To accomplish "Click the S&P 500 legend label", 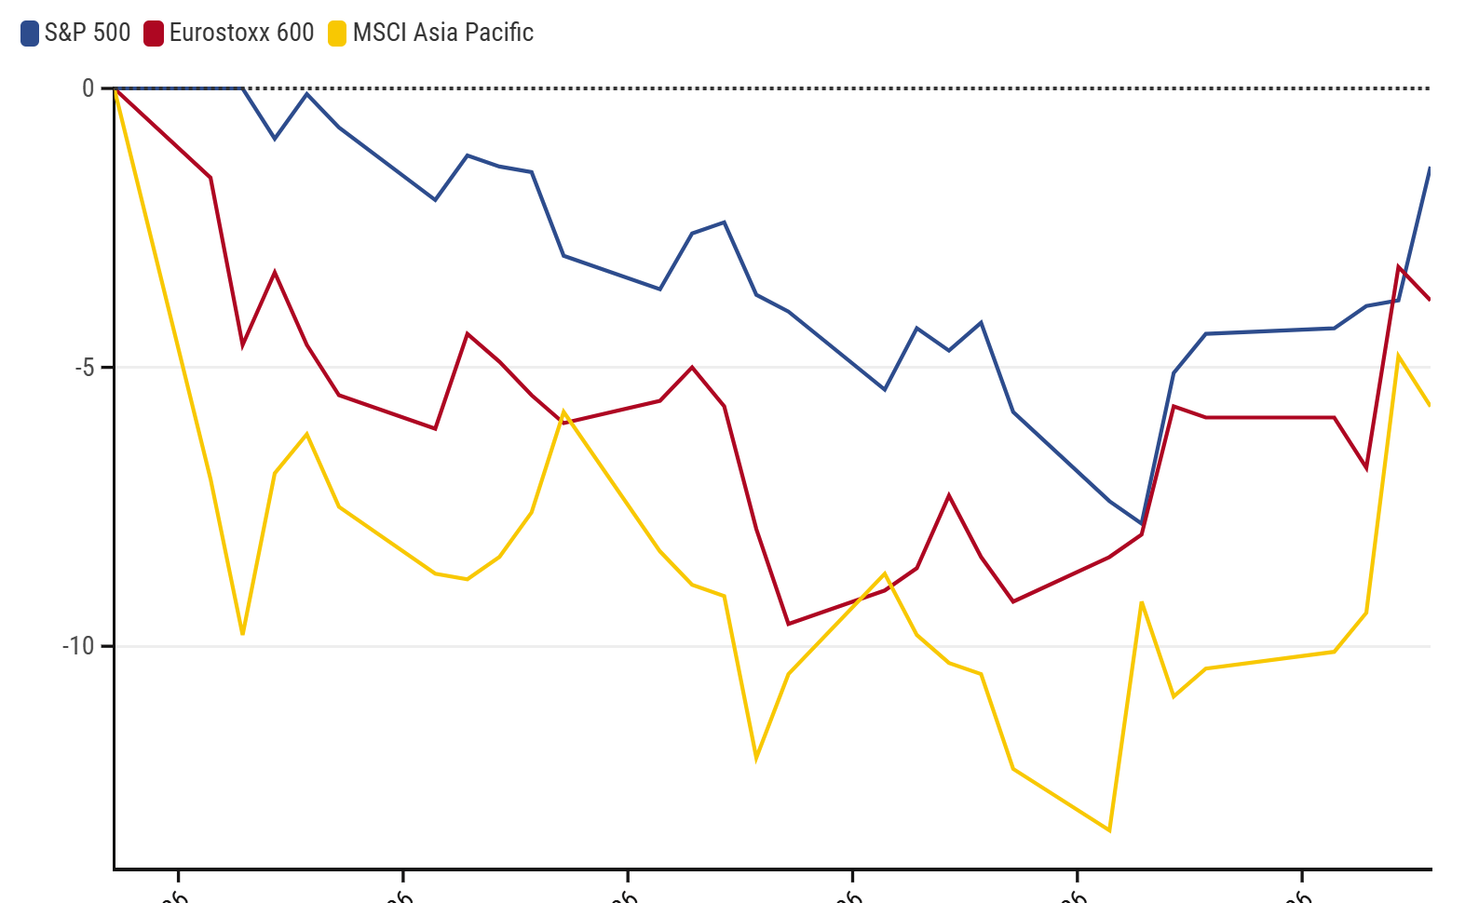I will [x=88, y=33].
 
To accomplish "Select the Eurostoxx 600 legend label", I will [x=241, y=33].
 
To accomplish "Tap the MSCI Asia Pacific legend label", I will [x=442, y=33].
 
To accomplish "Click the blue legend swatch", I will [x=30, y=34].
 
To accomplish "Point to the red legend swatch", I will [x=154, y=34].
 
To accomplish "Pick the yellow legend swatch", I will [x=337, y=34].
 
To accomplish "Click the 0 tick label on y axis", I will [x=88, y=88].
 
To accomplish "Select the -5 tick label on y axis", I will [x=85, y=367].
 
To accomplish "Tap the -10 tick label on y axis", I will [x=79, y=646].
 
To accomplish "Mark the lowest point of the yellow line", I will [x=1109, y=830].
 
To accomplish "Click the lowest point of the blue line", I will [x=1142, y=524].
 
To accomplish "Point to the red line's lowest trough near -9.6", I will [x=788, y=624].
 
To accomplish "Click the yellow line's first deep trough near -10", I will [x=242, y=634].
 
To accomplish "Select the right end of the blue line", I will [x=1430, y=168].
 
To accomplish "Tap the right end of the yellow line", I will [x=1430, y=405].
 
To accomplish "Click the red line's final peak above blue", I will [x=1398, y=267].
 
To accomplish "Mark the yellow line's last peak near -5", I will [x=1398, y=356].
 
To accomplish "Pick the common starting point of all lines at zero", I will [x=115, y=88].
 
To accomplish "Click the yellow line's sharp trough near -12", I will [x=756, y=759].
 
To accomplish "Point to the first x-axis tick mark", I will [x=178, y=875].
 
